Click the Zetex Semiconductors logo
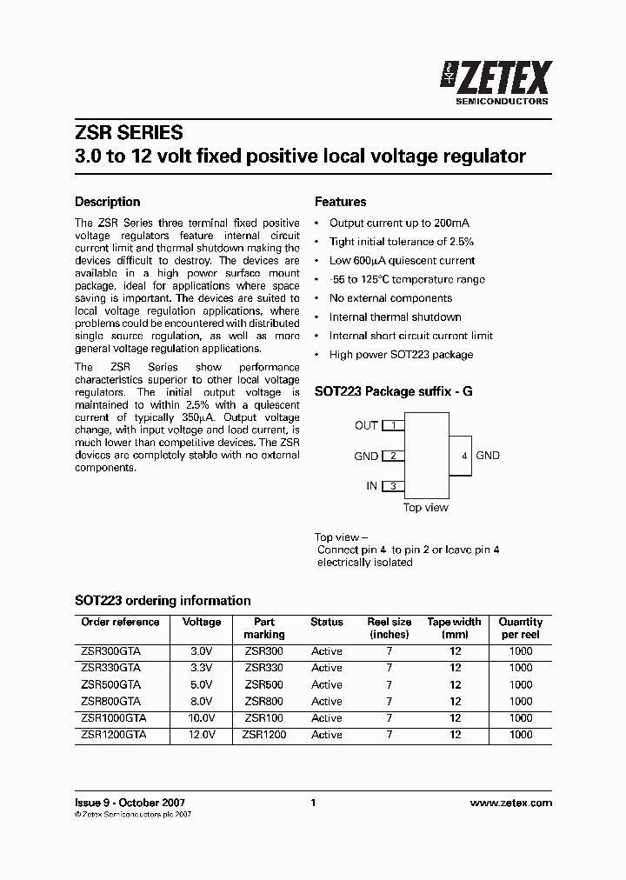point(496,83)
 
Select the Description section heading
point(108,202)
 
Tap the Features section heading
point(340,202)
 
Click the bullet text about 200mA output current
point(400,223)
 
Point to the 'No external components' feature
point(390,298)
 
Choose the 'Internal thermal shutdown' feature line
point(395,317)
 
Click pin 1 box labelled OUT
point(394,425)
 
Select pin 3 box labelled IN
point(394,486)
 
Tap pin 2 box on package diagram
point(394,456)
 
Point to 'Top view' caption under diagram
point(426,508)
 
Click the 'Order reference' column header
point(120,623)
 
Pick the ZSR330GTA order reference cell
point(110,668)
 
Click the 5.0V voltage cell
point(201,685)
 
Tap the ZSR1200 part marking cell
point(264,735)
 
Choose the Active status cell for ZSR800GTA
point(327,702)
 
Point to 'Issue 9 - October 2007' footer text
point(130,803)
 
